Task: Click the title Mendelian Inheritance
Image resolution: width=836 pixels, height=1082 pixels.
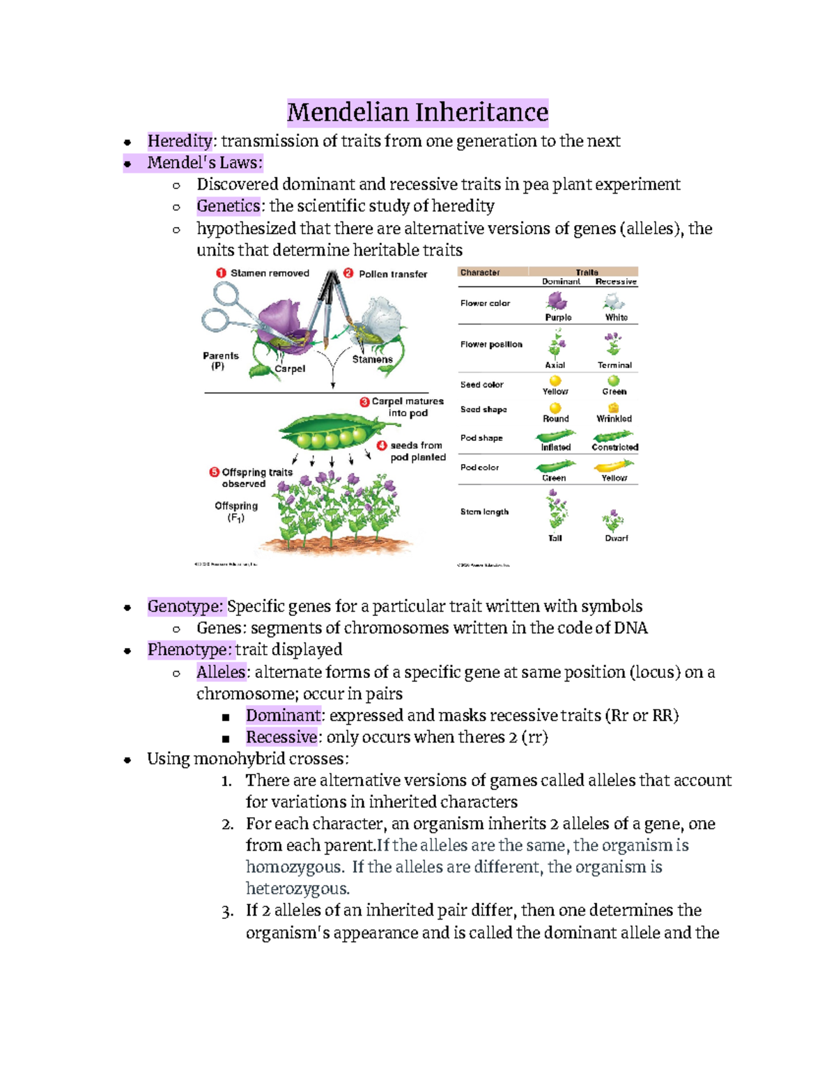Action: point(418,112)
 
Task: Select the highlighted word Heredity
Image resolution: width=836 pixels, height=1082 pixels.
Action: point(180,141)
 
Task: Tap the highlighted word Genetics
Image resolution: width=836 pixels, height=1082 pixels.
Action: point(229,206)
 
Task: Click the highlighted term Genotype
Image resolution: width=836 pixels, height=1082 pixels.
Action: point(185,607)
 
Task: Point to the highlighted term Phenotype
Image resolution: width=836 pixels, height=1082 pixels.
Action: point(189,650)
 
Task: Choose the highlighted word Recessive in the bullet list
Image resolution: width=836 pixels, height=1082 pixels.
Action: point(281,737)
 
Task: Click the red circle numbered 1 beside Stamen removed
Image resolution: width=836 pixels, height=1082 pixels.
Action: point(221,273)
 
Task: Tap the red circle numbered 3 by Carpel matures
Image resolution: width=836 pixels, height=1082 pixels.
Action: point(364,402)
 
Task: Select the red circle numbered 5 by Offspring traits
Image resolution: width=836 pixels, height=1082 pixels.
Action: point(215,472)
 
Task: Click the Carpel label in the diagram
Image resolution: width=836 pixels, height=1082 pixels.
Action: point(290,369)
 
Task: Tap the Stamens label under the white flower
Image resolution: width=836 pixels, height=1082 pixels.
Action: point(372,360)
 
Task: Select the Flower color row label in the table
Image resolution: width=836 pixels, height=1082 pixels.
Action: point(485,303)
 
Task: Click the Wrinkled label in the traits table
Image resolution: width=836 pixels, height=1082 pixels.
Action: point(614,419)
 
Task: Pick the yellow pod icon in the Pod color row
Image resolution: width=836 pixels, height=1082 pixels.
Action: point(614,465)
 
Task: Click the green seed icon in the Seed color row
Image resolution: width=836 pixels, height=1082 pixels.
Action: point(613,381)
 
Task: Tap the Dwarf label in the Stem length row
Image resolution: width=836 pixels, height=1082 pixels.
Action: point(616,538)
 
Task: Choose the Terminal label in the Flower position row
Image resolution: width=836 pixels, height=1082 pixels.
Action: point(614,365)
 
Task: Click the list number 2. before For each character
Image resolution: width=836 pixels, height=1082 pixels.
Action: point(228,825)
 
